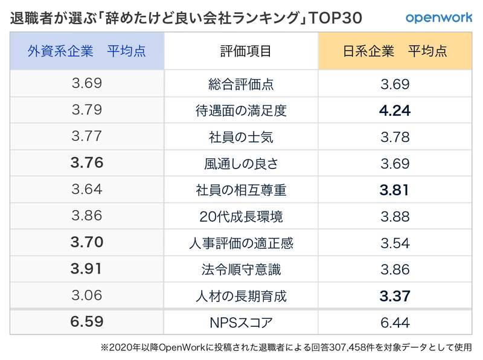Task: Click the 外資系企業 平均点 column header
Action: point(87,51)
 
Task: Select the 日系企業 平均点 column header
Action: point(395,51)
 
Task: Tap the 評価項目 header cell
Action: point(241,51)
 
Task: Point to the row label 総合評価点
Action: point(241,84)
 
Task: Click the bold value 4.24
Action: point(395,111)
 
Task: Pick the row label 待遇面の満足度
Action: point(241,111)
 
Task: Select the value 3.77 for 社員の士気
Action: point(87,137)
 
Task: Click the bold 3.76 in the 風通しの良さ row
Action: point(87,163)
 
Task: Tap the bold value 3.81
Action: point(395,190)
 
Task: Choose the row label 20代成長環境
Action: point(241,216)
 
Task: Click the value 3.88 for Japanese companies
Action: point(395,216)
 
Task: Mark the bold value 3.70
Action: point(87,243)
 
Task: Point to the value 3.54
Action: point(395,243)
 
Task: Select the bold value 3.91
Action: point(87,269)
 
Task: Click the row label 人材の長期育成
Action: point(241,296)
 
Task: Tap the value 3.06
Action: point(87,296)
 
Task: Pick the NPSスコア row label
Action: point(241,323)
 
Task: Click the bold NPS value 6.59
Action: point(87,323)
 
